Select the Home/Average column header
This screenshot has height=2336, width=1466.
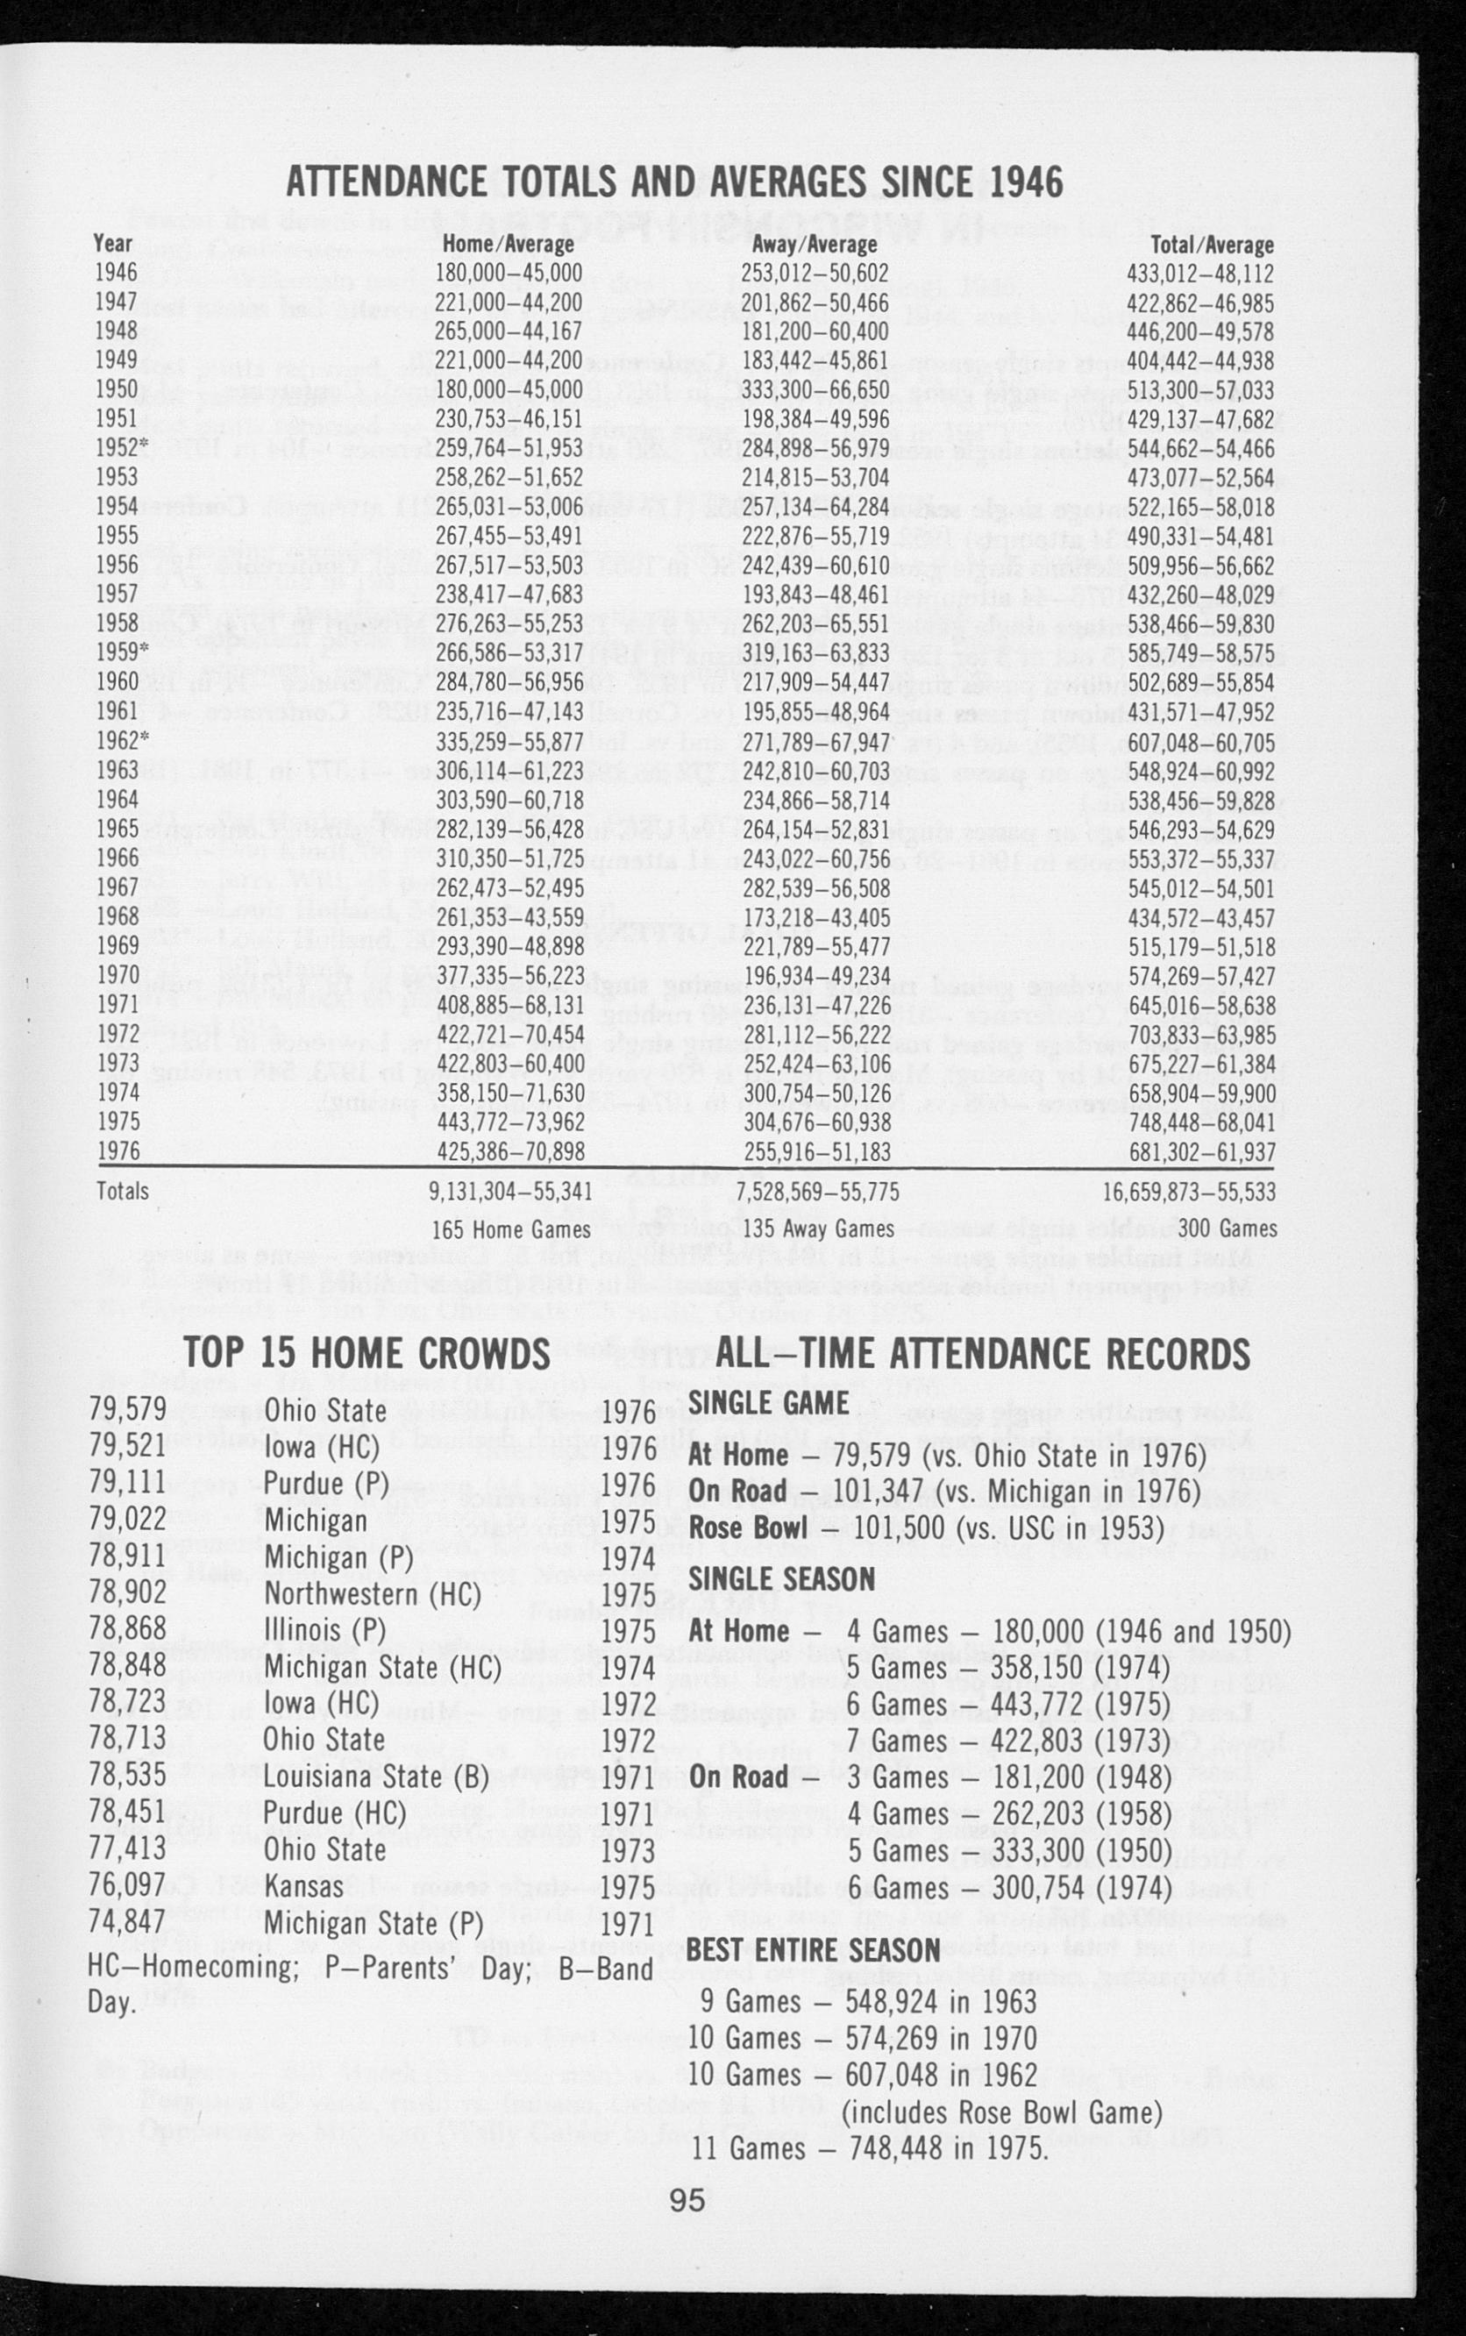click(507, 245)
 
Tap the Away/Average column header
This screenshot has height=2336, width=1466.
click(815, 245)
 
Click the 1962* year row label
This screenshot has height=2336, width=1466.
click(117, 742)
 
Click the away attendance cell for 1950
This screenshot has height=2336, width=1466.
click(815, 390)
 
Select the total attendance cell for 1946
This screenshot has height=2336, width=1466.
click(1200, 274)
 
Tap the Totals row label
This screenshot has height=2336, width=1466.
click(123, 1191)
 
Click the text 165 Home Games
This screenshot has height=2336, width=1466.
click(511, 1229)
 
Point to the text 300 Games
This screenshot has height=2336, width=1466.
click(1227, 1229)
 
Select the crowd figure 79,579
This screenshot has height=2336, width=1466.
click(128, 1409)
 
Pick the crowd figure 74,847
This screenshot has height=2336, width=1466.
click(128, 1922)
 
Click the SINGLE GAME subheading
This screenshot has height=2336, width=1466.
click(768, 1402)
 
